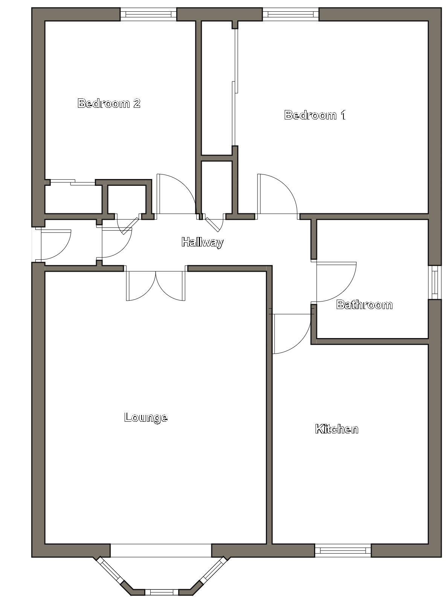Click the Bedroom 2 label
point(109,103)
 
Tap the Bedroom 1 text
point(315,115)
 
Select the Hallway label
point(203,242)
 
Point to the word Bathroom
point(365,305)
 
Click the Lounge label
point(146,418)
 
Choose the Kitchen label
point(337,429)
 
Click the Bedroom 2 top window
point(148,14)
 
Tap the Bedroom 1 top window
point(291,14)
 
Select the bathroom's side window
point(435,282)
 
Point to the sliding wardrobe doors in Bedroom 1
point(235,87)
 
